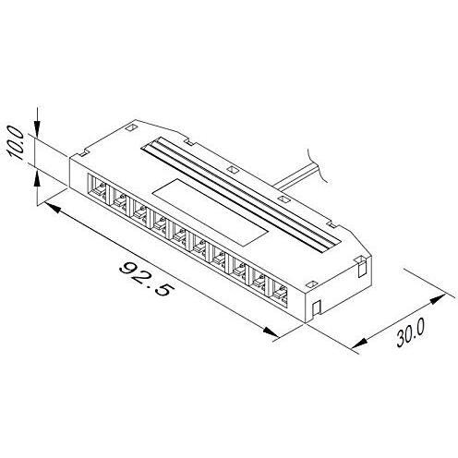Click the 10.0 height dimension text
17,142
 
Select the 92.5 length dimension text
145,280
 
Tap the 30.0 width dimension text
410,332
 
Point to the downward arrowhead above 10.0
37,127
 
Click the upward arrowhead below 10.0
37,178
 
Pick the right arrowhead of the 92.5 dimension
271,331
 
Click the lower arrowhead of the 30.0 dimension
359,343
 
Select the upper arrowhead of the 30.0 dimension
438,298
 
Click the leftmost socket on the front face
98,188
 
